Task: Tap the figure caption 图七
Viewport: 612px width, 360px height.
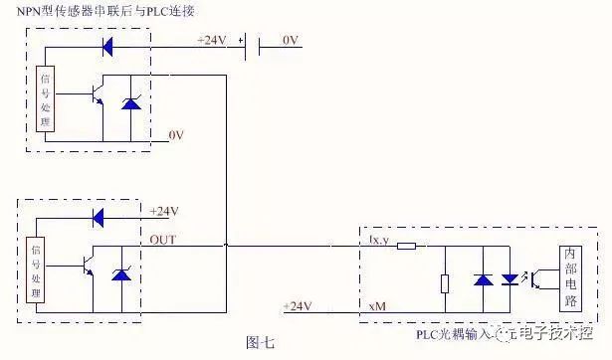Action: [x=260, y=341]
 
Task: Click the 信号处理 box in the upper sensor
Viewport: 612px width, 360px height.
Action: [x=44, y=98]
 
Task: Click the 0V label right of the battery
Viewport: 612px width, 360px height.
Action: [x=290, y=41]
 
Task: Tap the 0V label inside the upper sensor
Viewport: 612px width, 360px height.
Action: [x=175, y=133]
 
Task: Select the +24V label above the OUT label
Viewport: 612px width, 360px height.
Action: [x=164, y=212]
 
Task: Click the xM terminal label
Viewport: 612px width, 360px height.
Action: [x=377, y=305]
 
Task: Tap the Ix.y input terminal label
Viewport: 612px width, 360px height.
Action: [x=378, y=239]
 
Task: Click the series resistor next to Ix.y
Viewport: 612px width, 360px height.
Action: [x=405, y=244]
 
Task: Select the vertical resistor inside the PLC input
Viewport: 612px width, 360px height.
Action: [x=446, y=282]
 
